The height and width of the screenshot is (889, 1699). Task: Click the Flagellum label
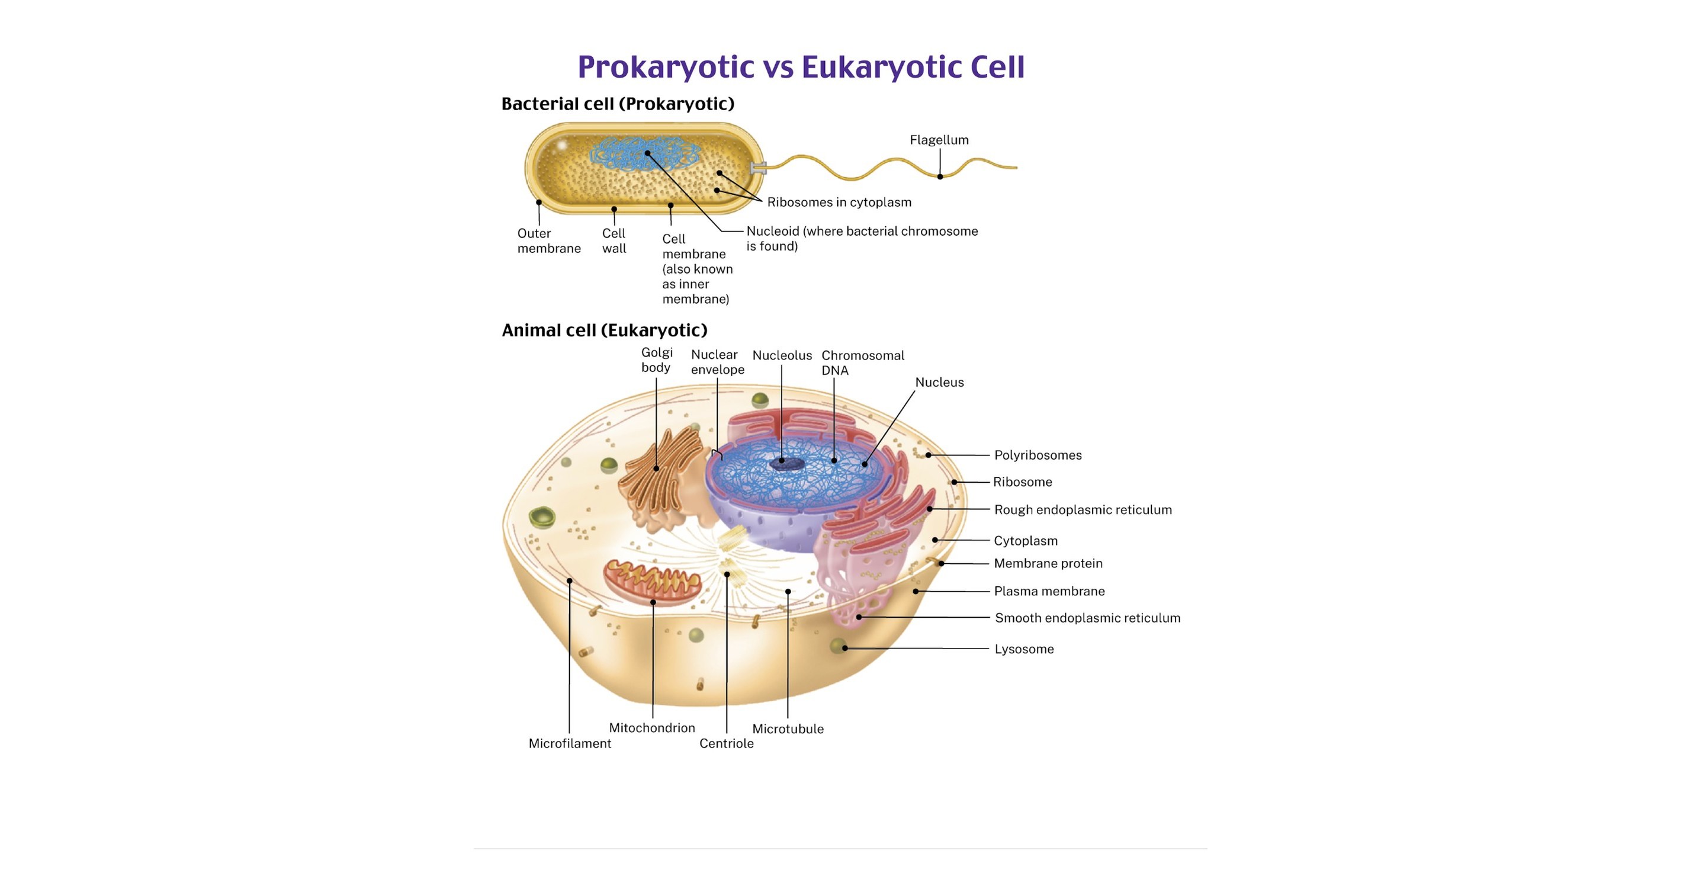(939, 140)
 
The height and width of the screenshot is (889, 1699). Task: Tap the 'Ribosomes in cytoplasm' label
(839, 203)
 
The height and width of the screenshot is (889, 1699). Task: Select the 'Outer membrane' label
(549, 240)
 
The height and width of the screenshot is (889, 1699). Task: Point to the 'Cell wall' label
(614, 240)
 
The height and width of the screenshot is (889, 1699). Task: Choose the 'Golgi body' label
(656, 360)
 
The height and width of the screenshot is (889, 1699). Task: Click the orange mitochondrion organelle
(651, 580)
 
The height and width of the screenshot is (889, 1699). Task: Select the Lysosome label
(1024, 649)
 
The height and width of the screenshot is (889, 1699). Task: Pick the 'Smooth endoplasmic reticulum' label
(1087, 618)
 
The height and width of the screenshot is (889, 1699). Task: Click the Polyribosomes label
(1038, 455)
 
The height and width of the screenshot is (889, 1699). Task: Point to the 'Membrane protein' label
(1048, 563)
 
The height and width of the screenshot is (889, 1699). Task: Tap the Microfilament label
(569, 743)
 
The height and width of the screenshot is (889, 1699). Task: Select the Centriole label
(726, 743)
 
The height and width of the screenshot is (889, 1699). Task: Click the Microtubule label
(788, 728)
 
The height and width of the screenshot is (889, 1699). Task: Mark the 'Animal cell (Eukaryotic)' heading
(604, 330)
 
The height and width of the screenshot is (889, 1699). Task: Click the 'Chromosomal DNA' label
(862, 362)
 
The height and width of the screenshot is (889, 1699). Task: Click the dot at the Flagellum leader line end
(940, 176)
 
